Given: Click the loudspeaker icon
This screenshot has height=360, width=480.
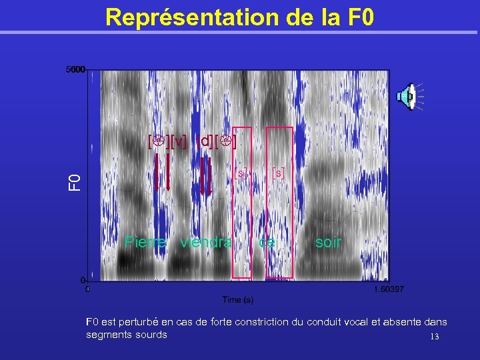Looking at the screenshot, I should coord(408,97).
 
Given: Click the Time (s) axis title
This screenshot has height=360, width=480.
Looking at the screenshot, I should coord(238,300).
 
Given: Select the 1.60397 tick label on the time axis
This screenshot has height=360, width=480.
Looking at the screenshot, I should coord(389,289).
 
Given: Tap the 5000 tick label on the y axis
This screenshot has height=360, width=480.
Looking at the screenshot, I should coord(75,69).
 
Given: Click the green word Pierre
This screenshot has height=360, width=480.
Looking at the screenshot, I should coord(145,242).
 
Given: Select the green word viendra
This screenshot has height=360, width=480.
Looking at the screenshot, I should coord(206,242).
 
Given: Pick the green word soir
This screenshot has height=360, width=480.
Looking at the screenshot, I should coord(327,242).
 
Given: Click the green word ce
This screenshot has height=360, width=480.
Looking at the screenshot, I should coord(267,242).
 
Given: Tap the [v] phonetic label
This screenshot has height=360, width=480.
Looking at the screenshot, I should coord(179,142).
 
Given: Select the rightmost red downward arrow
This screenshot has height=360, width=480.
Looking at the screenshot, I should coord(210,175).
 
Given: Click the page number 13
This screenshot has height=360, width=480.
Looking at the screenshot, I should coord(435,337).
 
